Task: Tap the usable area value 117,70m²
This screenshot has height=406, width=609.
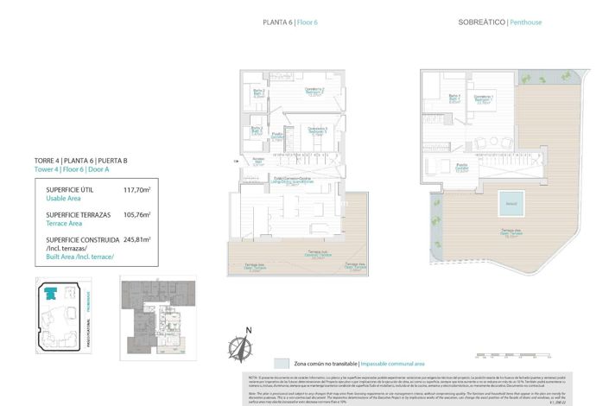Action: [136, 189]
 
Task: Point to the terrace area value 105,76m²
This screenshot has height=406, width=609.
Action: [136, 214]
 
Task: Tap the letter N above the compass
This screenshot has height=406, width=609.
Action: [248, 330]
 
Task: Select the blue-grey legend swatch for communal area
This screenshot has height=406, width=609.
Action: [280, 364]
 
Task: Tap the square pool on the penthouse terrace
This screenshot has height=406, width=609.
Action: [511, 205]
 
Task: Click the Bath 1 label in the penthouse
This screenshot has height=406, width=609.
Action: [454, 98]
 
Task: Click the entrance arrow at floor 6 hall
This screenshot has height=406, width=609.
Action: [236, 162]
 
